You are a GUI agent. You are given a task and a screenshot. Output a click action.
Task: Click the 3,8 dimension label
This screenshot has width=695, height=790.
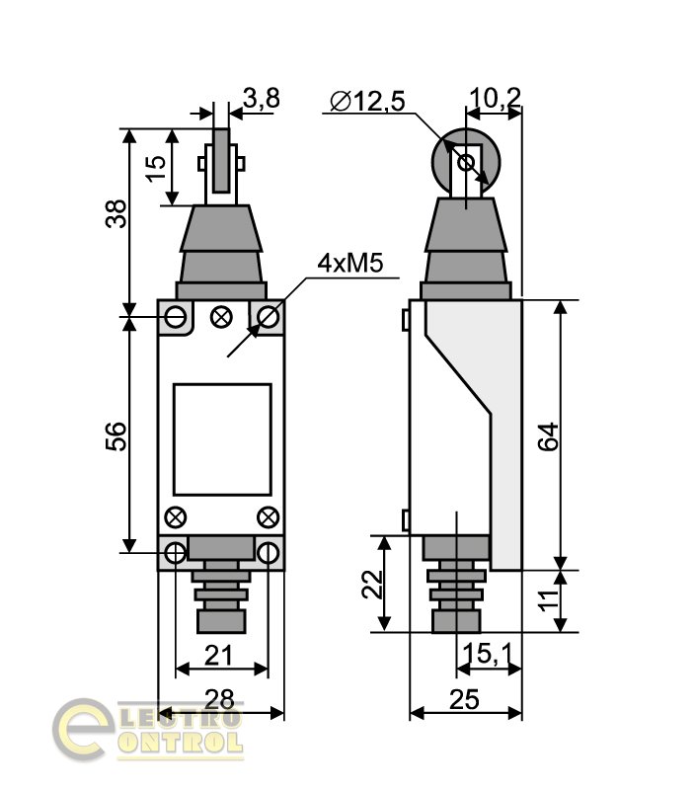click(261, 98)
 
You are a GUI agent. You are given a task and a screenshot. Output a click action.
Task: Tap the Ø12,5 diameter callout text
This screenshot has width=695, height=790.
click(367, 102)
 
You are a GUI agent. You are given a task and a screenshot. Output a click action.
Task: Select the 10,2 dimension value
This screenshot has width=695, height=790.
click(495, 97)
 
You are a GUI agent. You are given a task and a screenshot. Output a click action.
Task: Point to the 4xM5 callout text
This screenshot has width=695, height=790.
click(350, 263)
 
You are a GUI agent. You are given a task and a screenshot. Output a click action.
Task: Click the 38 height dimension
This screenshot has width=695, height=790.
click(116, 213)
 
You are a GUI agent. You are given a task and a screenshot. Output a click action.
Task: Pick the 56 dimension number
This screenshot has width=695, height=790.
click(116, 436)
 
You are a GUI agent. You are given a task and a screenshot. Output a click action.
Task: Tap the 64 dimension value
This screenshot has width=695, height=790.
click(549, 436)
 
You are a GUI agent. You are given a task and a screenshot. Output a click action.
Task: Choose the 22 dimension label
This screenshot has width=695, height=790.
click(373, 584)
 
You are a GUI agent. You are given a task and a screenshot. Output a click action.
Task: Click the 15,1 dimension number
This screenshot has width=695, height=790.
click(487, 654)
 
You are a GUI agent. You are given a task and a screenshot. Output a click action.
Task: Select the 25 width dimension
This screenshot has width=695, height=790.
click(464, 699)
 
